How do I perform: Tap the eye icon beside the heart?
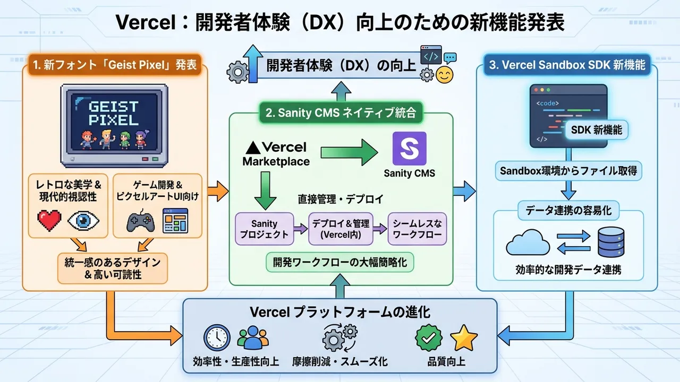[84, 221]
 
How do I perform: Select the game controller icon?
[140, 221]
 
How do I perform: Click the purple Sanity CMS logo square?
[409, 149]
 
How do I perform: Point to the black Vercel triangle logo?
[253, 147]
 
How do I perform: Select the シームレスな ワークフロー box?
[418, 229]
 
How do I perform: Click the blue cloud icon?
[528, 243]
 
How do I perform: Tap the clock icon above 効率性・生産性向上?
[217, 338]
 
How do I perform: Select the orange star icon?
[464, 338]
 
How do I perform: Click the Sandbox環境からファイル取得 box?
[567, 171]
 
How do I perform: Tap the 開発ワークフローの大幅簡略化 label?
[340, 262]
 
